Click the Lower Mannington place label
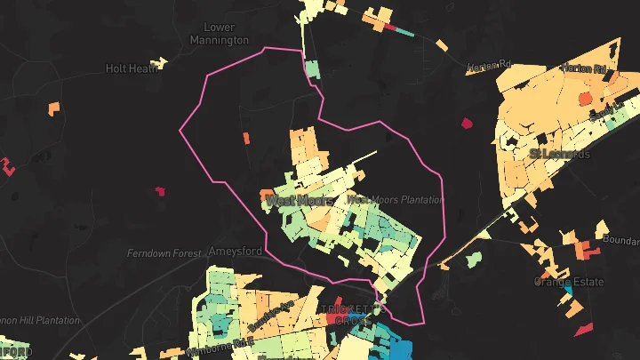[x=220, y=34]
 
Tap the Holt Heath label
[x=130, y=68]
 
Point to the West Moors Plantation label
[x=395, y=199]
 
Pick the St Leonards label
[x=560, y=154]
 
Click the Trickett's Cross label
[x=349, y=315]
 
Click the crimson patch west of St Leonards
[x=467, y=123]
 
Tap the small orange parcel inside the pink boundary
[x=246, y=138]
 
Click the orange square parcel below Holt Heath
[x=54, y=108]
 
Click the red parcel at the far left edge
[x=9, y=165]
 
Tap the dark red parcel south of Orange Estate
[x=583, y=329]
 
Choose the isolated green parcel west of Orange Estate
[x=473, y=259]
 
